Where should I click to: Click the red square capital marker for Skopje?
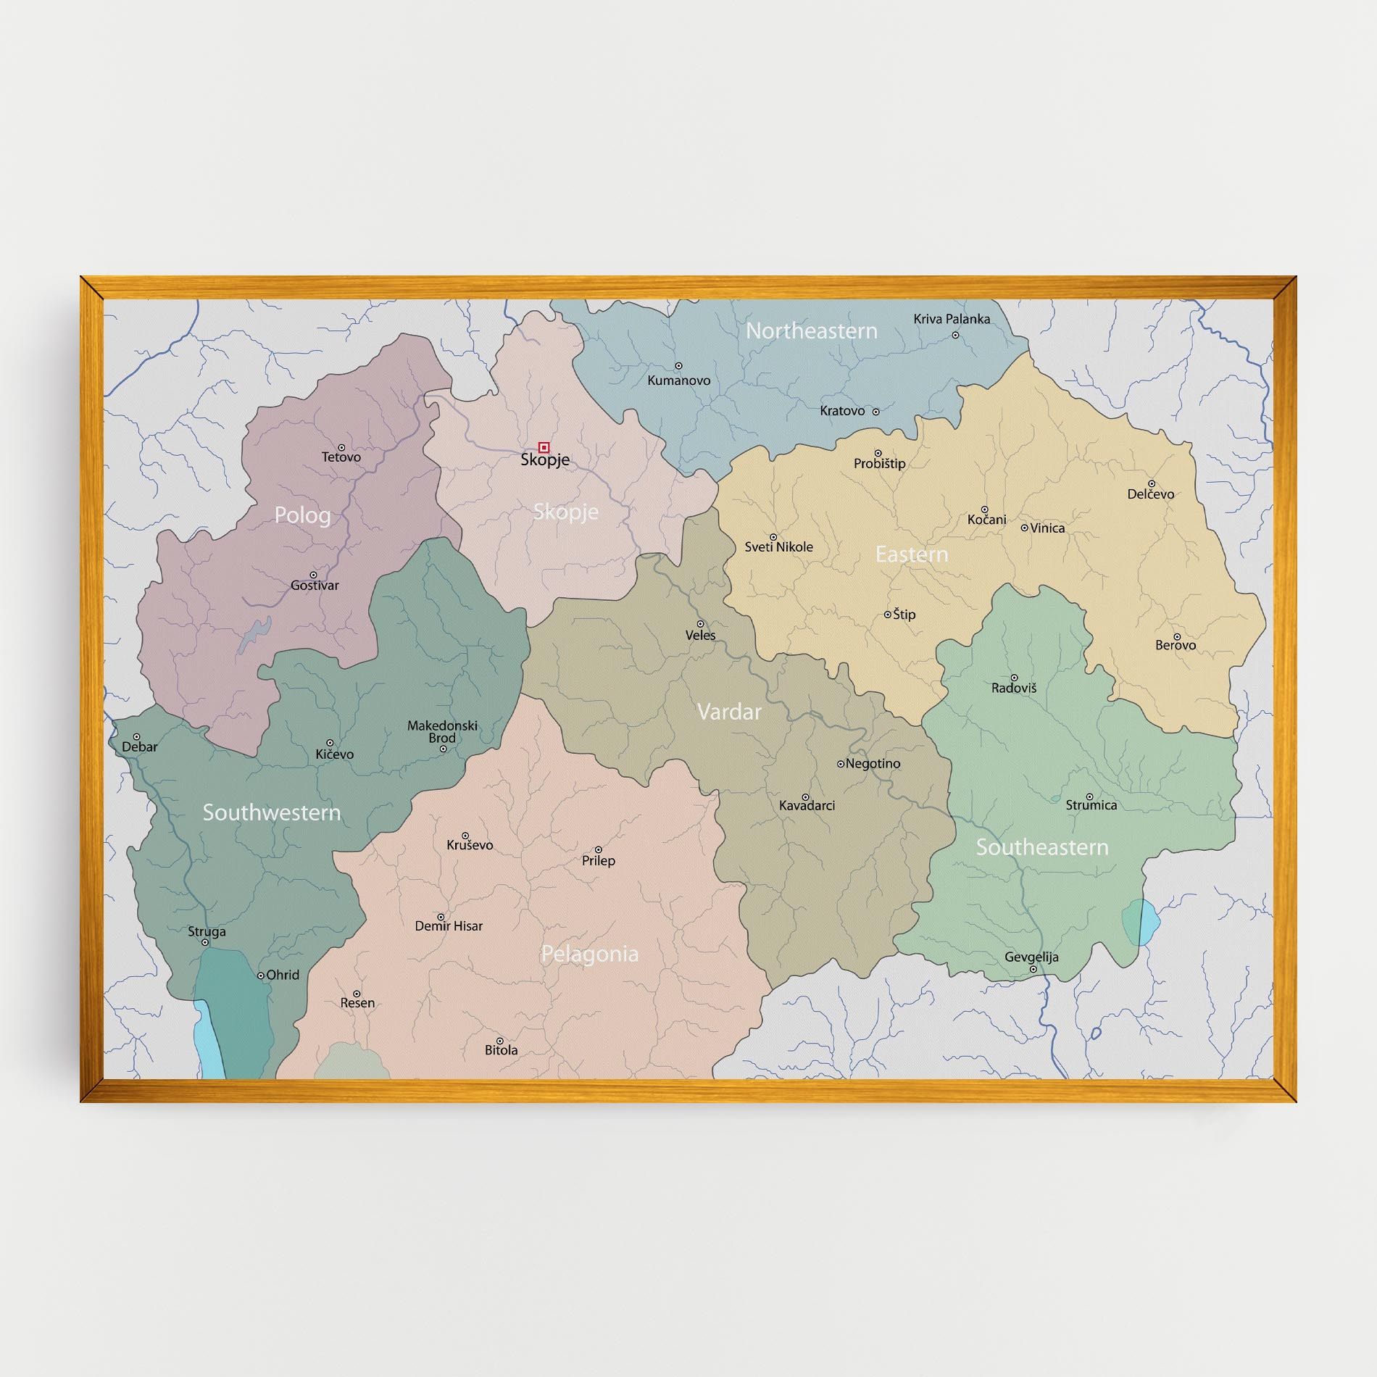[544, 447]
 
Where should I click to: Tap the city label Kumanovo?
[678, 380]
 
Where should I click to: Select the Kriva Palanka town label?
[951, 319]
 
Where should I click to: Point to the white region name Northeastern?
[811, 331]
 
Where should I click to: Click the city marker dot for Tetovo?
[341, 448]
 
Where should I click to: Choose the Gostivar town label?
[315, 585]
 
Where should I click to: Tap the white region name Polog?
[302, 515]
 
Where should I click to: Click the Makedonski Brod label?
[442, 732]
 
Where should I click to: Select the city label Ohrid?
[282, 975]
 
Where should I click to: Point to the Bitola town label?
[501, 1049]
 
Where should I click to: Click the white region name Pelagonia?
[589, 954]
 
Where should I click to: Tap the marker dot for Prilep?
[599, 849]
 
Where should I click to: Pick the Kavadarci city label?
[807, 805]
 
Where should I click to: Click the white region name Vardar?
[728, 712]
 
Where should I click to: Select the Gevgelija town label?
[1031, 957]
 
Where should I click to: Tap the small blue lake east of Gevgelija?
[1140, 922]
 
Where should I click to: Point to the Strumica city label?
[1091, 804]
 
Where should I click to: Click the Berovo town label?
[1176, 645]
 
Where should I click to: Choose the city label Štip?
[904, 615]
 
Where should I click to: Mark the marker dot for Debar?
[136, 736]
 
